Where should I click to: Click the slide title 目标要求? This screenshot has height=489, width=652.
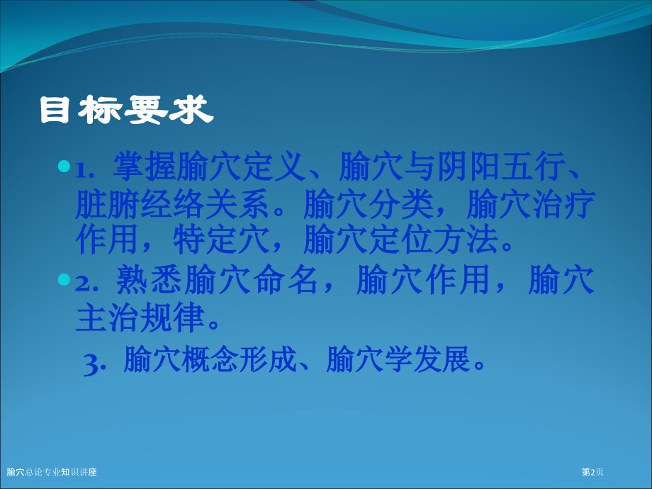[126, 110]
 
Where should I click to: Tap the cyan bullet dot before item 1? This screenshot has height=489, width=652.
[64, 167]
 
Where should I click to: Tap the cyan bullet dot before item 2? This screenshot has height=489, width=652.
[64, 279]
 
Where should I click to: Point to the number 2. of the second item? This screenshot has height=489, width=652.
[86, 283]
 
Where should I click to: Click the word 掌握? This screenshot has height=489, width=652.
[145, 167]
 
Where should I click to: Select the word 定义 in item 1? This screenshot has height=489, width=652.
[274, 167]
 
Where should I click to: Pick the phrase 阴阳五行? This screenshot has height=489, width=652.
[500, 167]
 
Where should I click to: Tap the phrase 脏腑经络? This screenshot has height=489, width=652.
[140, 204]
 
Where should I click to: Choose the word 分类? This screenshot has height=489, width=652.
[401, 204]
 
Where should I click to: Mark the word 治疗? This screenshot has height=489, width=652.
[564, 204]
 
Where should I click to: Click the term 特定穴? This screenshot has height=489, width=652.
[221, 239]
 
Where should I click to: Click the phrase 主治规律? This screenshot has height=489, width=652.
[140, 317]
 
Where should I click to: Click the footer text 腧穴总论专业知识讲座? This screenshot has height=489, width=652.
[52, 472]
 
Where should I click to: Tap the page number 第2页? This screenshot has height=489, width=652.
[592, 472]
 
